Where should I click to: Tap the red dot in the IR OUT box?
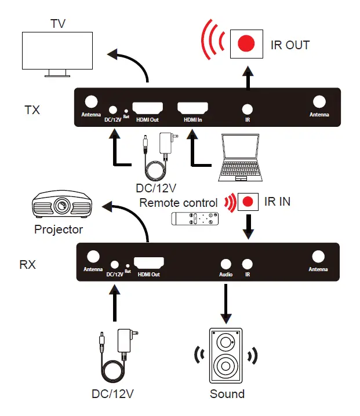click(247, 44)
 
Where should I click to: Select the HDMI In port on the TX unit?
click(192, 108)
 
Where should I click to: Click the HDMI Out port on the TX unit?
click(147, 108)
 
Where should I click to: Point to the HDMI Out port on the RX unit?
click(148, 262)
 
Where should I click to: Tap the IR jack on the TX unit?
click(248, 108)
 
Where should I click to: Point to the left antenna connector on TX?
click(91, 101)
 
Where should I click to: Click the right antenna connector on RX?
click(318, 257)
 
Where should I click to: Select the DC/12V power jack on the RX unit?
click(114, 264)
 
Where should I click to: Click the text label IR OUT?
click(290, 45)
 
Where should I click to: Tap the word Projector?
click(58, 229)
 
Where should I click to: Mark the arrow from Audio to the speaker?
click(226, 301)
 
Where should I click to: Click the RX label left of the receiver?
click(28, 265)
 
